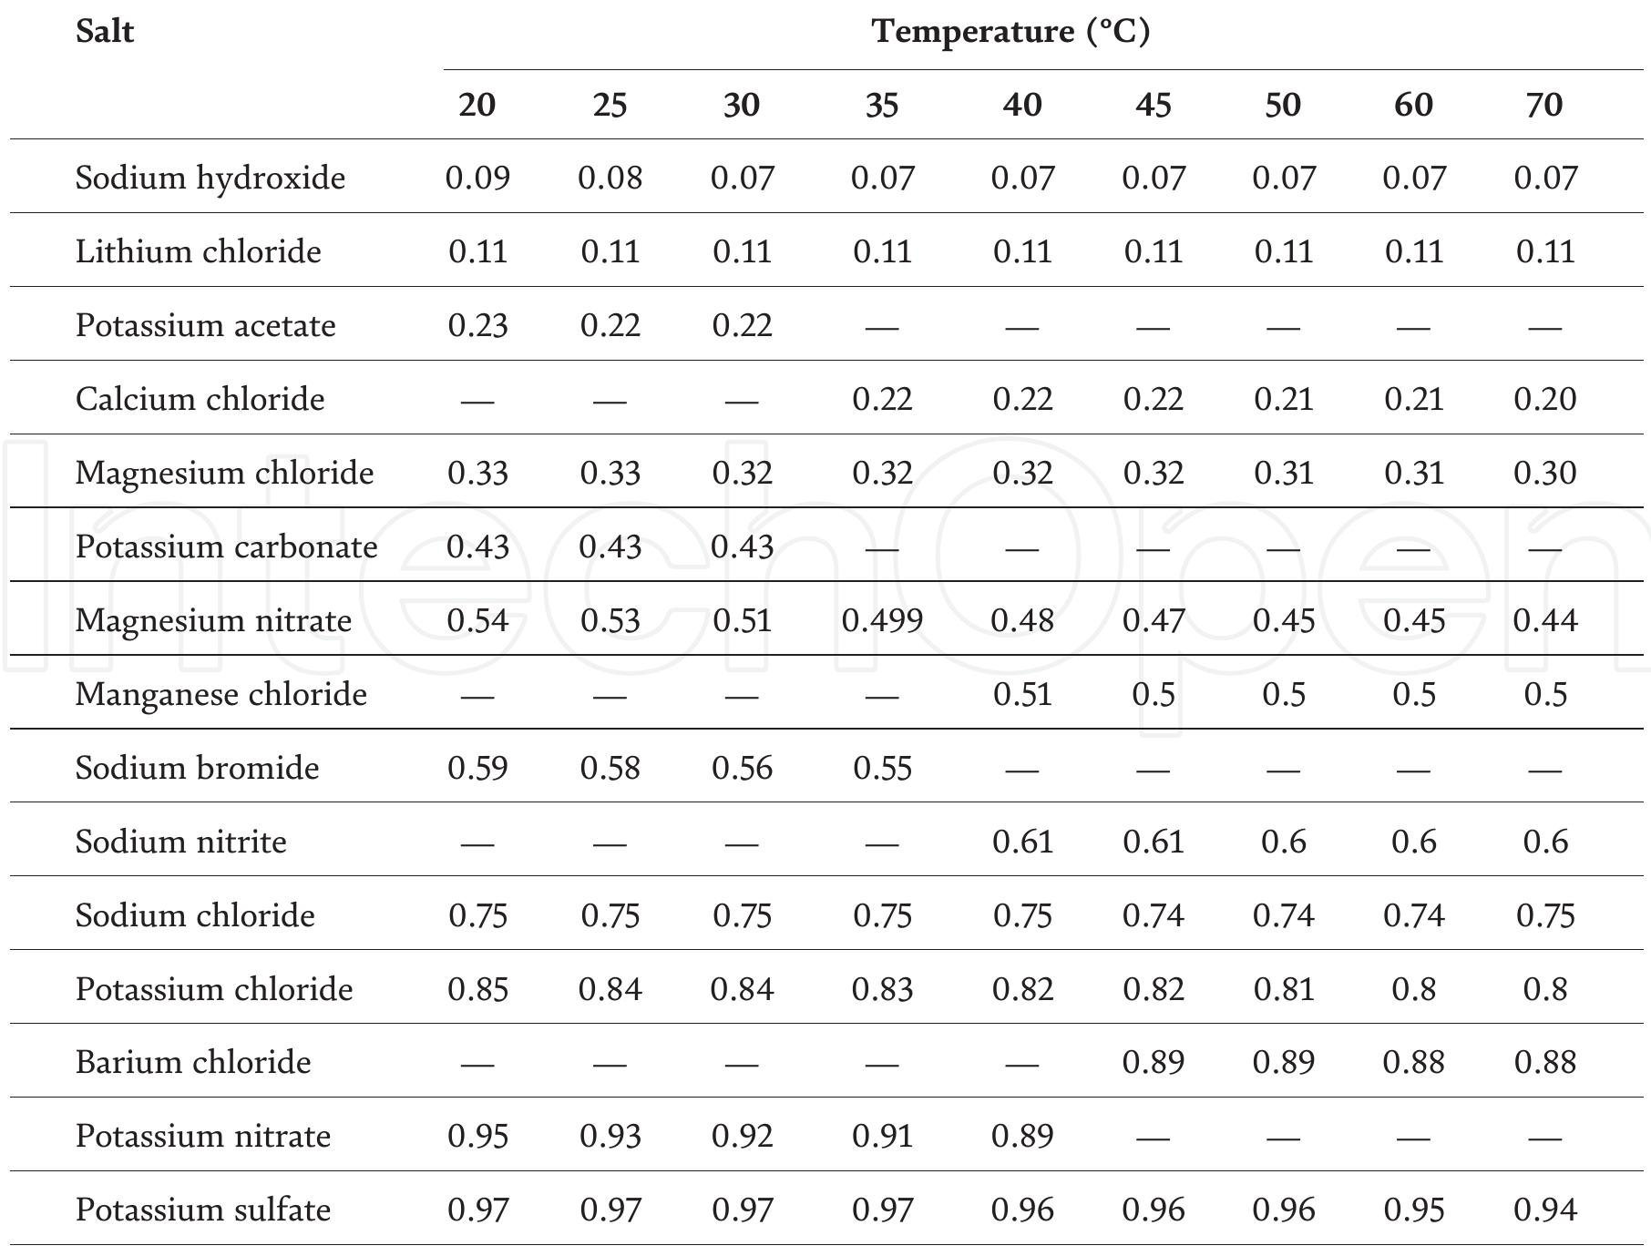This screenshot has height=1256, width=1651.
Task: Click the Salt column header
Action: click(105, 32)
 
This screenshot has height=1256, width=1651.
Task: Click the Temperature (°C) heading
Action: click(1010, 32)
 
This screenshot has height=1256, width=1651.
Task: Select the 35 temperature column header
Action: click(882, 105)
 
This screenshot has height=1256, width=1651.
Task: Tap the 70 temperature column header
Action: click(1544, 105)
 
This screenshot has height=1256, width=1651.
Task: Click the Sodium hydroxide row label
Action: click(210, 178)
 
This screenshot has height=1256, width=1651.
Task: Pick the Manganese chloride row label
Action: click(220, 694)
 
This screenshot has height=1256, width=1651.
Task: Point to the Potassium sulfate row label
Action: click(202, 1210)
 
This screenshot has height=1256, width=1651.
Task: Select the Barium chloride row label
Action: click(193, 1062)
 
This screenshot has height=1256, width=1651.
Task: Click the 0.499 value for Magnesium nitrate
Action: click(882, 620)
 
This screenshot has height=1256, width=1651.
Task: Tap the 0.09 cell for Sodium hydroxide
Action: click(477, 178)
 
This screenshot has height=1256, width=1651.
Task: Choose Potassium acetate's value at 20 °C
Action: click(477, 325)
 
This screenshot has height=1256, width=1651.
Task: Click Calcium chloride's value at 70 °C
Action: click(1544, 399)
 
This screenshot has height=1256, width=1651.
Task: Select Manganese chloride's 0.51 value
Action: click(1022, 694)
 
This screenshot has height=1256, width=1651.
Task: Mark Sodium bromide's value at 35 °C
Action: click(882, 768)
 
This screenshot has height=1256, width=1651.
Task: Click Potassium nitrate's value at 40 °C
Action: click(1022, 1136)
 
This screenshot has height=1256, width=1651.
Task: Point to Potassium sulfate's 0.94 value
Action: click(1544, 1210)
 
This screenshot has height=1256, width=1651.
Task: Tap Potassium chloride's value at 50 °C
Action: click(1283, 989)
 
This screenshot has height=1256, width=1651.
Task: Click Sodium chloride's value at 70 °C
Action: click(1544, 915)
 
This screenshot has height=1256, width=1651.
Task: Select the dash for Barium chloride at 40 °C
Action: click(1022, 1063)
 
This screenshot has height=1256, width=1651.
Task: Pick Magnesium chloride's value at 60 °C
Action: click(1413, 473)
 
